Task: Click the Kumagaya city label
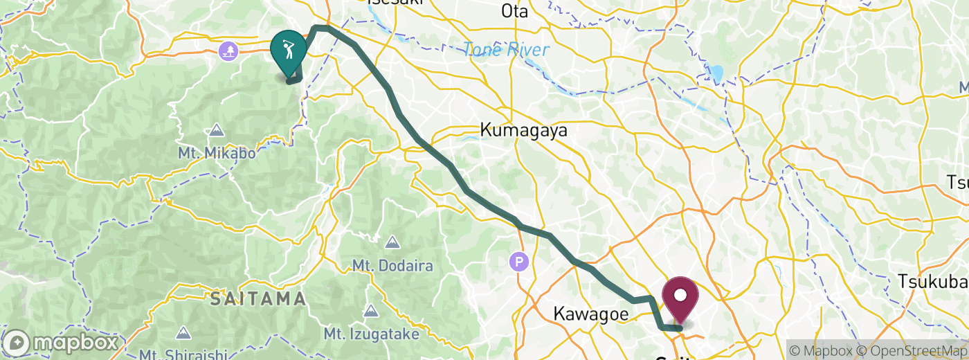click(x=525, y=129)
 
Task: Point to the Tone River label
click(x=506, y=50)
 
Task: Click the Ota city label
click(x=514, y=11)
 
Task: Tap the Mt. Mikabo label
click(x=217, y=152)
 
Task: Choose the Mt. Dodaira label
click(x=392, y=265)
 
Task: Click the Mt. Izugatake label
click(x=372, y=334)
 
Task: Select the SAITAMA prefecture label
click(x=258, y=299)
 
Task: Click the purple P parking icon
click(x=518, y=262)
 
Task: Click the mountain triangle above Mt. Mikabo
click(x=217, y=130)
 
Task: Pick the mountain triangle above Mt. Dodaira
click(x=392, y=242)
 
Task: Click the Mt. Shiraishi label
click(x=182, y=354)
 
